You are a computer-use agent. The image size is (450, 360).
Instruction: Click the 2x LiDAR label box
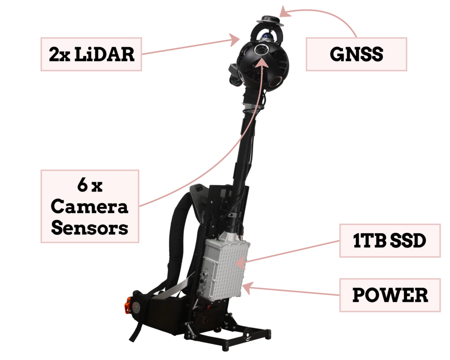click(91, 54)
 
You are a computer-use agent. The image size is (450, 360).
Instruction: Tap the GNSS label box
click(356, 54)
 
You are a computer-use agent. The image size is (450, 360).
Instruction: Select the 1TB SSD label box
click(390, 240)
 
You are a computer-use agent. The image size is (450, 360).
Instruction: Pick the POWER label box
click(390, 295)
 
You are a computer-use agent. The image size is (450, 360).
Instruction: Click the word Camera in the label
click(89, 207)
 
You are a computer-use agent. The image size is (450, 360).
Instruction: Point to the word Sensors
click(90, 228)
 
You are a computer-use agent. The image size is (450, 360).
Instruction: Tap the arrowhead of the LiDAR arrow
click(235, 40)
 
